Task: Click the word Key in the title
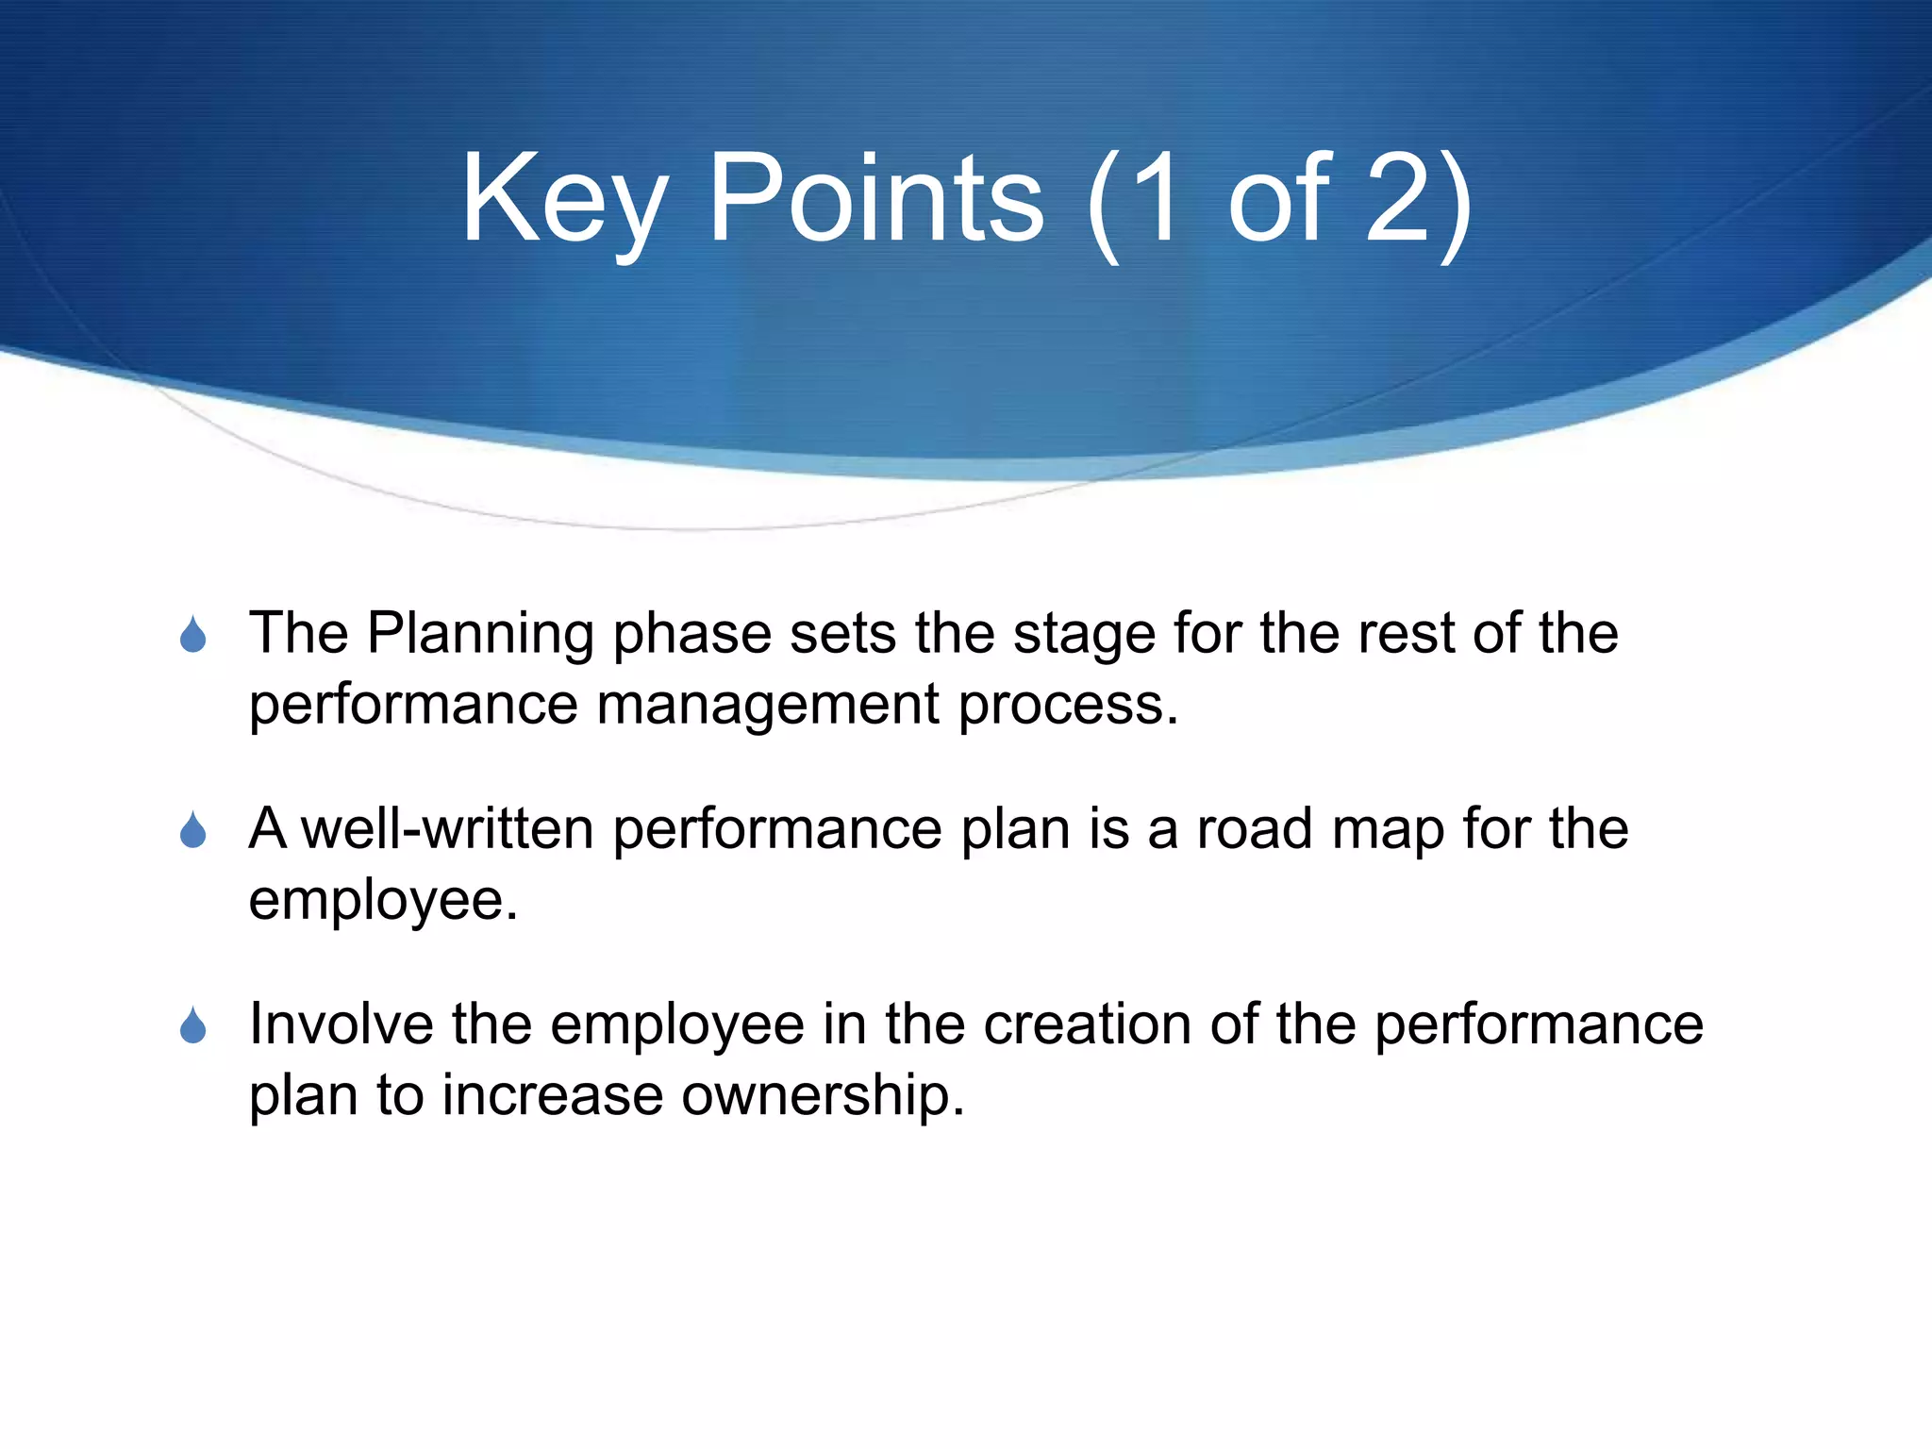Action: (563, 200)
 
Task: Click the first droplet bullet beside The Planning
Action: (193, 635)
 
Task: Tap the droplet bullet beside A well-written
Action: (193, 830)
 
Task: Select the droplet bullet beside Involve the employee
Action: (193, 1026)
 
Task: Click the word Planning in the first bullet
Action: (480, 634)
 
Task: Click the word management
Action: (768, 706)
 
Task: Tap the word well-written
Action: (447, 828)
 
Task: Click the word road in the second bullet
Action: (1255, 828)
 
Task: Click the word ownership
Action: (823, 1095)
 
